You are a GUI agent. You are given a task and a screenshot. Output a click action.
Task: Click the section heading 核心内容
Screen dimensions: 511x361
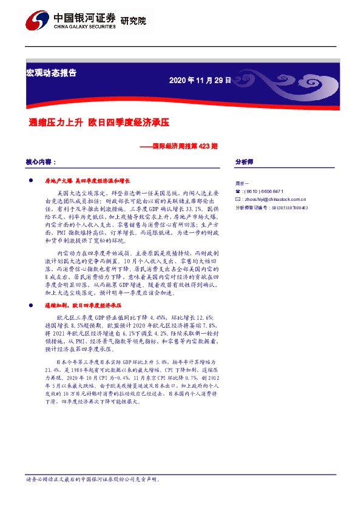coord(41,163)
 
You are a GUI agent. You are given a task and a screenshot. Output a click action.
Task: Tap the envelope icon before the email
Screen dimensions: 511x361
coord(237,198)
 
